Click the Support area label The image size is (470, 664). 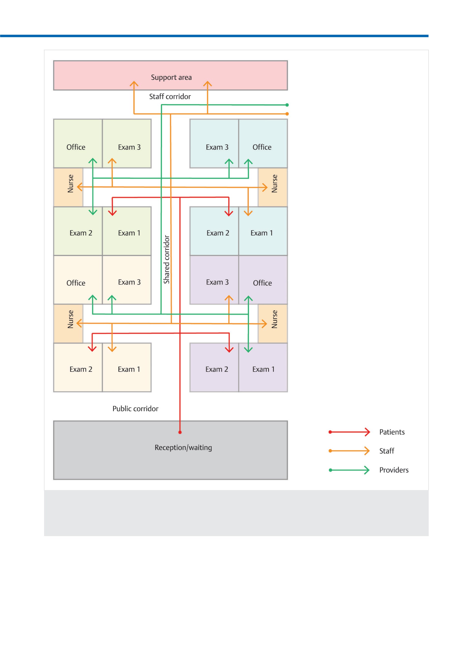[x=171, y=77]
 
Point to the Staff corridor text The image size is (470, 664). [x=170, y=96]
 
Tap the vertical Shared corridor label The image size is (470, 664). [x=166, y=259]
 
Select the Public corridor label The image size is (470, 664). [x=135, y=409]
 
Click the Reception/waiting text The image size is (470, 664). [x=183, y=448]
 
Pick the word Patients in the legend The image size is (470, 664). [x=392, y=432]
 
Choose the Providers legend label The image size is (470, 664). [x=394, y=470]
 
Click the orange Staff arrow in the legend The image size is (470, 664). [x=349, y=451]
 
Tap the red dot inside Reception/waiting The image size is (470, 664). [x=180, y=432]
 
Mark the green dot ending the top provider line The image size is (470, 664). [x=287, y=105]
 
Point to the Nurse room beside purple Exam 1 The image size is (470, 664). [x=273, y=324]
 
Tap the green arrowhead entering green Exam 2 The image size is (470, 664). [x=93, y=212]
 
